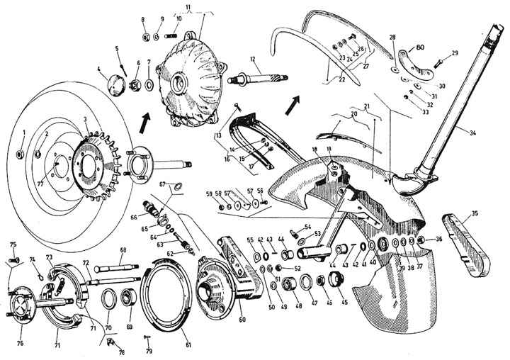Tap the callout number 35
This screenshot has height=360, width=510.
tap(475, 212)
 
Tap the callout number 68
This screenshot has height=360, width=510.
tap(123, 250)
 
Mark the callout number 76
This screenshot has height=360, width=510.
tap(19, 344)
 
